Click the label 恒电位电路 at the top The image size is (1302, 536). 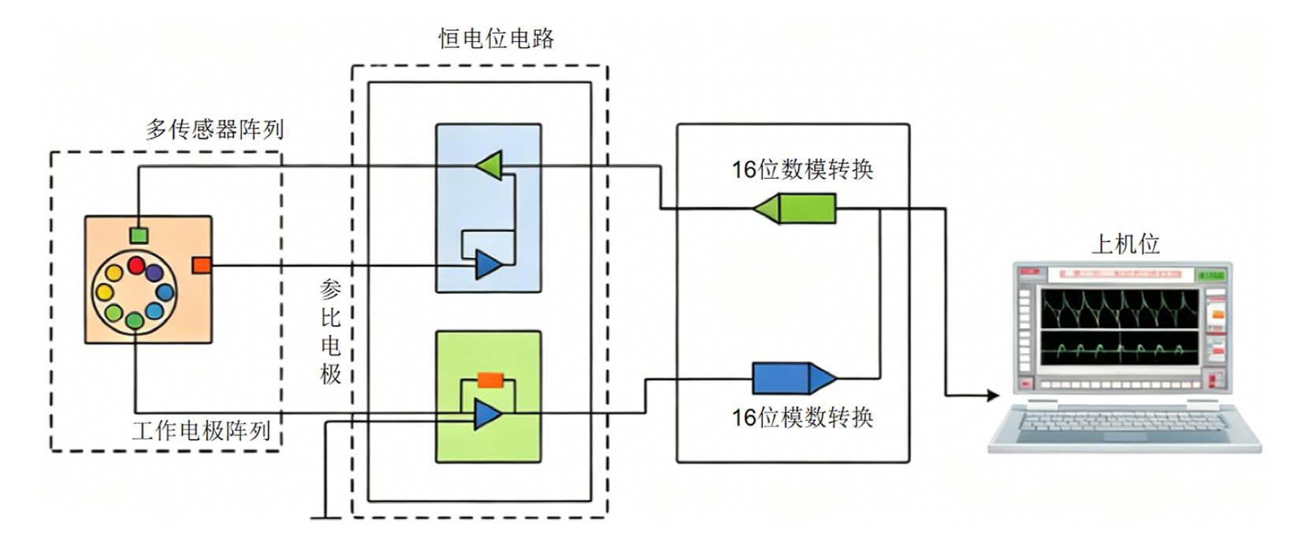tap(497, 39)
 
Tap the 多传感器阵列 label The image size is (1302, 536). tap(214, 129)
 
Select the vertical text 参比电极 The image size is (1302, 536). tap(331, 332)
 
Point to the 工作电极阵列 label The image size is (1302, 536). tap(202, 431)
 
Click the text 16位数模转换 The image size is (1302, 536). tap(802, 169)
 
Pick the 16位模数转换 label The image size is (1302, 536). tap(802, 418)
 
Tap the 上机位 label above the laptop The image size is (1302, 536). tap(1126, 244)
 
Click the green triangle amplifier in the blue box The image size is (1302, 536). tap(489, 166)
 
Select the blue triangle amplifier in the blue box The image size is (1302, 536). tap(489, 265)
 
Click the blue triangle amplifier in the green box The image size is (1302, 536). tap(488, 414)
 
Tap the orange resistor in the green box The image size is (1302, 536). tap(490, 380)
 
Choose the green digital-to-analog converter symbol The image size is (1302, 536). tap(794, 209)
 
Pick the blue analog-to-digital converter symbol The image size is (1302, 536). tap(794, 378)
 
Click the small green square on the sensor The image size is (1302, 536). tap(139, 236)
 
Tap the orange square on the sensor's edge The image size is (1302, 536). tap(201, 265)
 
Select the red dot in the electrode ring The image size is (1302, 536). tap(136, 265)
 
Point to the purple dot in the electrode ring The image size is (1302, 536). tap(154, 273)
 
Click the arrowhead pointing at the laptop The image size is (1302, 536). tap(993, 396)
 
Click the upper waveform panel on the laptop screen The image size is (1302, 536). tap(1119, 309)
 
